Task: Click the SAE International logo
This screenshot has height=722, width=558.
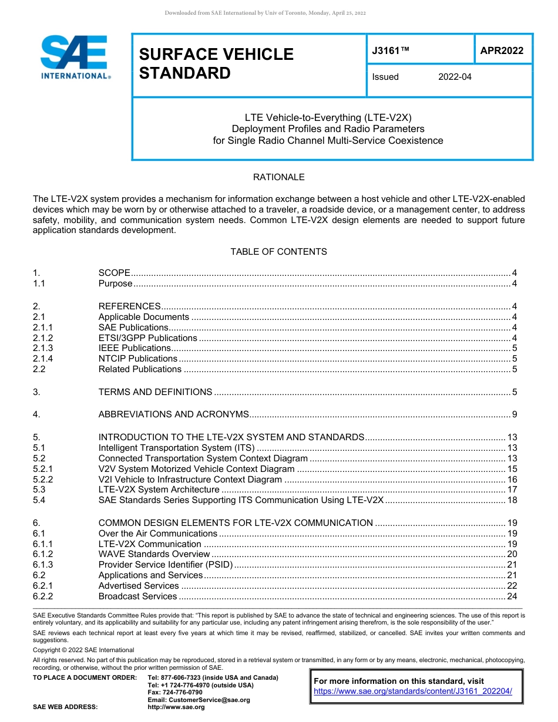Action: pos(73,57)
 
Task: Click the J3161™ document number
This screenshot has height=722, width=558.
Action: pos(390,50)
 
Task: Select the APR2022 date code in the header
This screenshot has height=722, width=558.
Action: pos(502,50)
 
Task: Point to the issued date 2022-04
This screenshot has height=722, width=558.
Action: pos(455,77)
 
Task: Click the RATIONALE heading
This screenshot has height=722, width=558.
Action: pos(278,177)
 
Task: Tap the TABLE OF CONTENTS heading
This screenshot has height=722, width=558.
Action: pos(278,252)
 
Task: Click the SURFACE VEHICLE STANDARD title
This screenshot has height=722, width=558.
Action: pos(216,63)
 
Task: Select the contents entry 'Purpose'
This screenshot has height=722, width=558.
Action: pos(116,284)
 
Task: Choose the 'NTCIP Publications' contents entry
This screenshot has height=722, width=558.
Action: pos(138,359)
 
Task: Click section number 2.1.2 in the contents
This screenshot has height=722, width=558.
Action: pos(43,338)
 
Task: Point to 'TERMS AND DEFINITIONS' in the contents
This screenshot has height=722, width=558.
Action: pos(155,392)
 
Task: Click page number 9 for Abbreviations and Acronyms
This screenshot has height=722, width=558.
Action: pos(514,414)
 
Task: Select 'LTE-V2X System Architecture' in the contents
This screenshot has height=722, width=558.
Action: pos(159,490)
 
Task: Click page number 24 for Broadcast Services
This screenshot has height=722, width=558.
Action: pos(512,596)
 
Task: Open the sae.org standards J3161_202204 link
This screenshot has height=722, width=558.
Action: pos(413,691)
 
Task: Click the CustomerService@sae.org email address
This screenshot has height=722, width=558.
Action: pos(199,700)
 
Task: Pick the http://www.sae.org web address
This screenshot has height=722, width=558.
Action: pos(176,707)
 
